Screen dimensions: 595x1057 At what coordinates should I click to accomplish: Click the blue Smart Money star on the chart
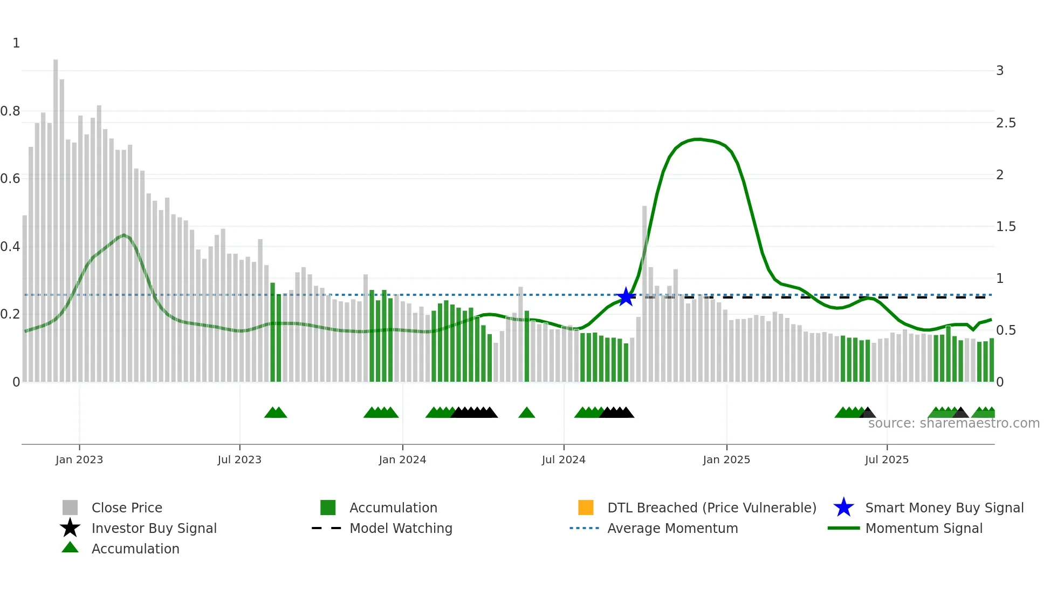626,296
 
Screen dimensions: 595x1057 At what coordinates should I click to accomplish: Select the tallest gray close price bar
56,216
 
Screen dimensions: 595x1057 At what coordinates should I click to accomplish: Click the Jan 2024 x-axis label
402,459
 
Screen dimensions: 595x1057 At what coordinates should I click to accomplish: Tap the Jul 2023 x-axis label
239,459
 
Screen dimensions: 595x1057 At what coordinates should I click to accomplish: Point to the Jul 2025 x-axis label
887,459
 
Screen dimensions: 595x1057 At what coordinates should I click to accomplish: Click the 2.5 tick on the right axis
1006,123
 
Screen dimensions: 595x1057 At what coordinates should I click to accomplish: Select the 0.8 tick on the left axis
10,111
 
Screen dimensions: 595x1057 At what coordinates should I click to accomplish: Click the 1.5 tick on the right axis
1006,227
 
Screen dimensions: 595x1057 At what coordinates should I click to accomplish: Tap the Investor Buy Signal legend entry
154,528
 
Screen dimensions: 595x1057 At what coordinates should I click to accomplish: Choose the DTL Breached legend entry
711,508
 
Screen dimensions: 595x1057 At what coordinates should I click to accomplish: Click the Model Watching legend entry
400,528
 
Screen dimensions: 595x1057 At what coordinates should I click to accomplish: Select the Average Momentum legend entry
672,528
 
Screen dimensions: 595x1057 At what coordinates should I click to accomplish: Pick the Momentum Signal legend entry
923,528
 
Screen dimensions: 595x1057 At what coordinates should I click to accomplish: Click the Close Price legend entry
126,508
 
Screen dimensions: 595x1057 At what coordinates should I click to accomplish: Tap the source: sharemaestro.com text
953,423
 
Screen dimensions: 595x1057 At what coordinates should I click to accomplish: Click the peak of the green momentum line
698,139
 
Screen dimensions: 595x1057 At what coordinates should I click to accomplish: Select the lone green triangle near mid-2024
526,413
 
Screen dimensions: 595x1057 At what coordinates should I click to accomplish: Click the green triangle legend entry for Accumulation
135,549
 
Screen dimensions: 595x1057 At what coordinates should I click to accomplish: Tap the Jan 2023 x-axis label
79,459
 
